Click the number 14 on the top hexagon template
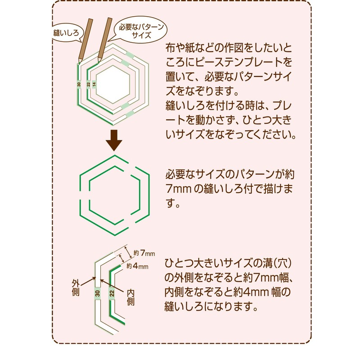coord(94,84)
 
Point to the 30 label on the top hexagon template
coord(79,84)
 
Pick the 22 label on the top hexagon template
coord(89,84)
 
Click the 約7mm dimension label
coord(145,252)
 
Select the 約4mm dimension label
coord(138,266)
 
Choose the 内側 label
coord(130,294)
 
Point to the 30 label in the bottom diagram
coord(97,294)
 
